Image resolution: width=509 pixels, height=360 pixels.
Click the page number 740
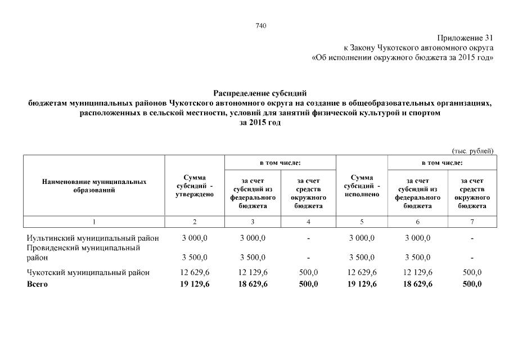[260, 25]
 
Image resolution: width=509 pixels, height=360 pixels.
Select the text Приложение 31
[467, 38]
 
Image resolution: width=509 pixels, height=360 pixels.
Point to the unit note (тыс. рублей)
[472, 150]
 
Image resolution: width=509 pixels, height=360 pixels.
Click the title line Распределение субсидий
[260, 93]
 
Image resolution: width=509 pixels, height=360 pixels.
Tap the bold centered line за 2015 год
[260, 122]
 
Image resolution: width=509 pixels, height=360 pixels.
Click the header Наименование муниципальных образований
[94, 186]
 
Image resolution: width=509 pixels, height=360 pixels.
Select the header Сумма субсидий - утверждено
[195, 186]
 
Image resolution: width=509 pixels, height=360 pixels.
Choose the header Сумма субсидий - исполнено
[362, 186]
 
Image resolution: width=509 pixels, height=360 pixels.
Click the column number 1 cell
[94, 222]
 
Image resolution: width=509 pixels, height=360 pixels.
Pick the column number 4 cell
[308, 222]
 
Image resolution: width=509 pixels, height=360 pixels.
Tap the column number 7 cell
[472, 222]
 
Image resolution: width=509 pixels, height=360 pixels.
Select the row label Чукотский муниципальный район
[88, 272]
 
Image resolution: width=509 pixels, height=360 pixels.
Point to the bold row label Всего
[38, 284]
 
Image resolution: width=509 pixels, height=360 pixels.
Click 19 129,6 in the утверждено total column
[195, 284]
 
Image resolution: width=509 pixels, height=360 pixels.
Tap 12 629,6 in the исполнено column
[362, 272]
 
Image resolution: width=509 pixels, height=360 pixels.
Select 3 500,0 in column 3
[253, 258]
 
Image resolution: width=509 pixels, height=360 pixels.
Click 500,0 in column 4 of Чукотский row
[308, 272]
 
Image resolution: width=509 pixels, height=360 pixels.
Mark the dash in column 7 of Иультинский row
[472, 238]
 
